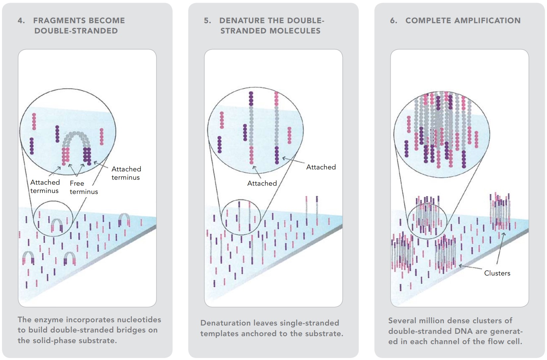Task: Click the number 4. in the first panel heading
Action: coord(21,21)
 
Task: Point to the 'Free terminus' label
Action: coord(83,187)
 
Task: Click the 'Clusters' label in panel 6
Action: coord(497,273)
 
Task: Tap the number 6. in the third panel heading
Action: coord(393,21)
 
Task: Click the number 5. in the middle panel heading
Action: coord(207,21)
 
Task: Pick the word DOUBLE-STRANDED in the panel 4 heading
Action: coord(76,31)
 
